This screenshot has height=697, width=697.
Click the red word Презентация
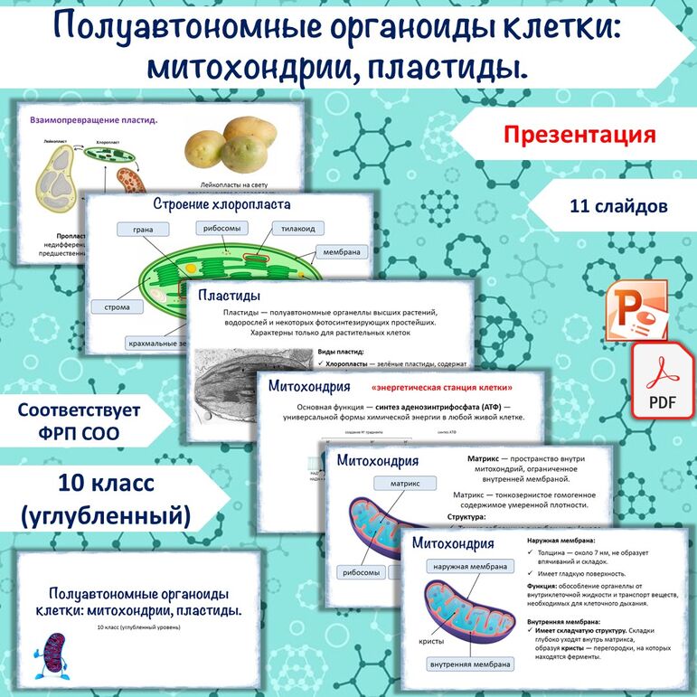tap(579, 136)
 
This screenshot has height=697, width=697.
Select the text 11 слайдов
tap(619, 206)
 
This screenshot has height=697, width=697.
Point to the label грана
tap(142, 230)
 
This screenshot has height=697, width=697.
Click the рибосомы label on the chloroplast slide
tap(222, 229)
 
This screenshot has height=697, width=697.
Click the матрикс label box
tap(392, 484)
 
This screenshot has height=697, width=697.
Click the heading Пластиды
tap(230, 296)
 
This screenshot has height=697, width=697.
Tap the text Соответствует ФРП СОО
tap(80, 421)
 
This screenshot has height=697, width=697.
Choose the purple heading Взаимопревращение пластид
tap(93, 118)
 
